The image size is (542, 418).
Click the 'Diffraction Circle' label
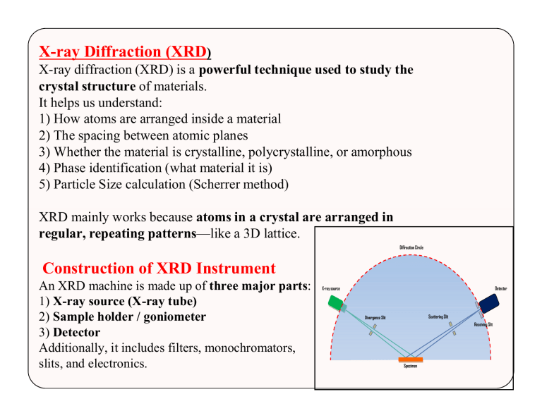click(416, 247)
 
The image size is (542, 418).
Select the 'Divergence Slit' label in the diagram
click(378, 317)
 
